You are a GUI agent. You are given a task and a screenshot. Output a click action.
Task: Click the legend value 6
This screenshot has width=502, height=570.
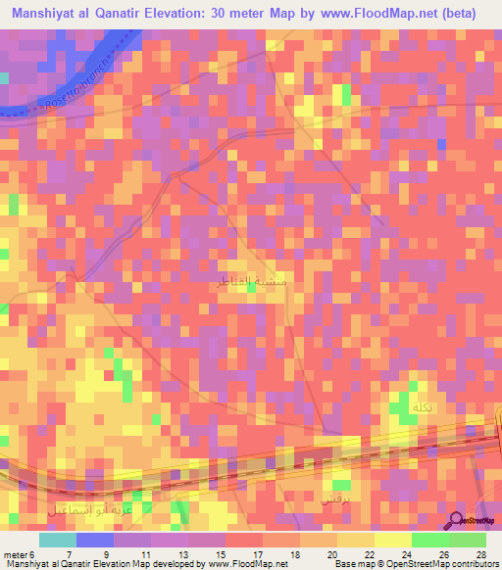(x=37, y=552)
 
